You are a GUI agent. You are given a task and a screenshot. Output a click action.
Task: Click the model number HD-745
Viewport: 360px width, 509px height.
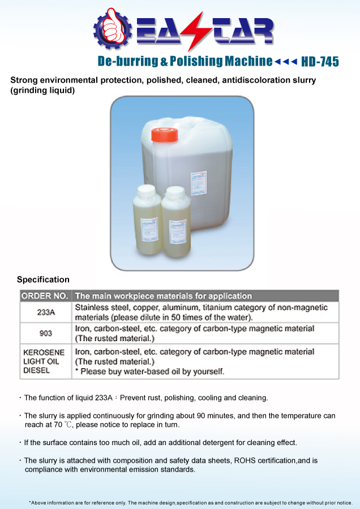[x=320, y=62]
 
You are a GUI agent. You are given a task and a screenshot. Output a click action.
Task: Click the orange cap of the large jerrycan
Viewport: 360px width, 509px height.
[x=164, y=135]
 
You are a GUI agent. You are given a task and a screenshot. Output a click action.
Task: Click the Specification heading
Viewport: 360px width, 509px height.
[x=43, y=279]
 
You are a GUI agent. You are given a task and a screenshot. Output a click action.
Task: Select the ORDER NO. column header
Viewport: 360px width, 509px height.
[x=45, y=296]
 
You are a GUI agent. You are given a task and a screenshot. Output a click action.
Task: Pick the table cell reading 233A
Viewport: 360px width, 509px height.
[x=45, y=312]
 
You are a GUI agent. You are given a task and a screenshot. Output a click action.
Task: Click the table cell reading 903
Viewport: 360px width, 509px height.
[x=45, y=333]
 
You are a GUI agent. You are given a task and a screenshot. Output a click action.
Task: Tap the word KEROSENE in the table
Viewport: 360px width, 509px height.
[x=44, y=352]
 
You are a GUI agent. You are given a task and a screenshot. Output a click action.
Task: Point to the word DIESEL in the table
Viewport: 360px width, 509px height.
[x=37, y=371]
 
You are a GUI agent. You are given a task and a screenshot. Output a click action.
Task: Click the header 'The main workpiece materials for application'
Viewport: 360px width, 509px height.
[x=164, y=296]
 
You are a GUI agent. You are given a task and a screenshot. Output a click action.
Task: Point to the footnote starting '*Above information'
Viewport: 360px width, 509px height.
[x=190, y=502]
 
